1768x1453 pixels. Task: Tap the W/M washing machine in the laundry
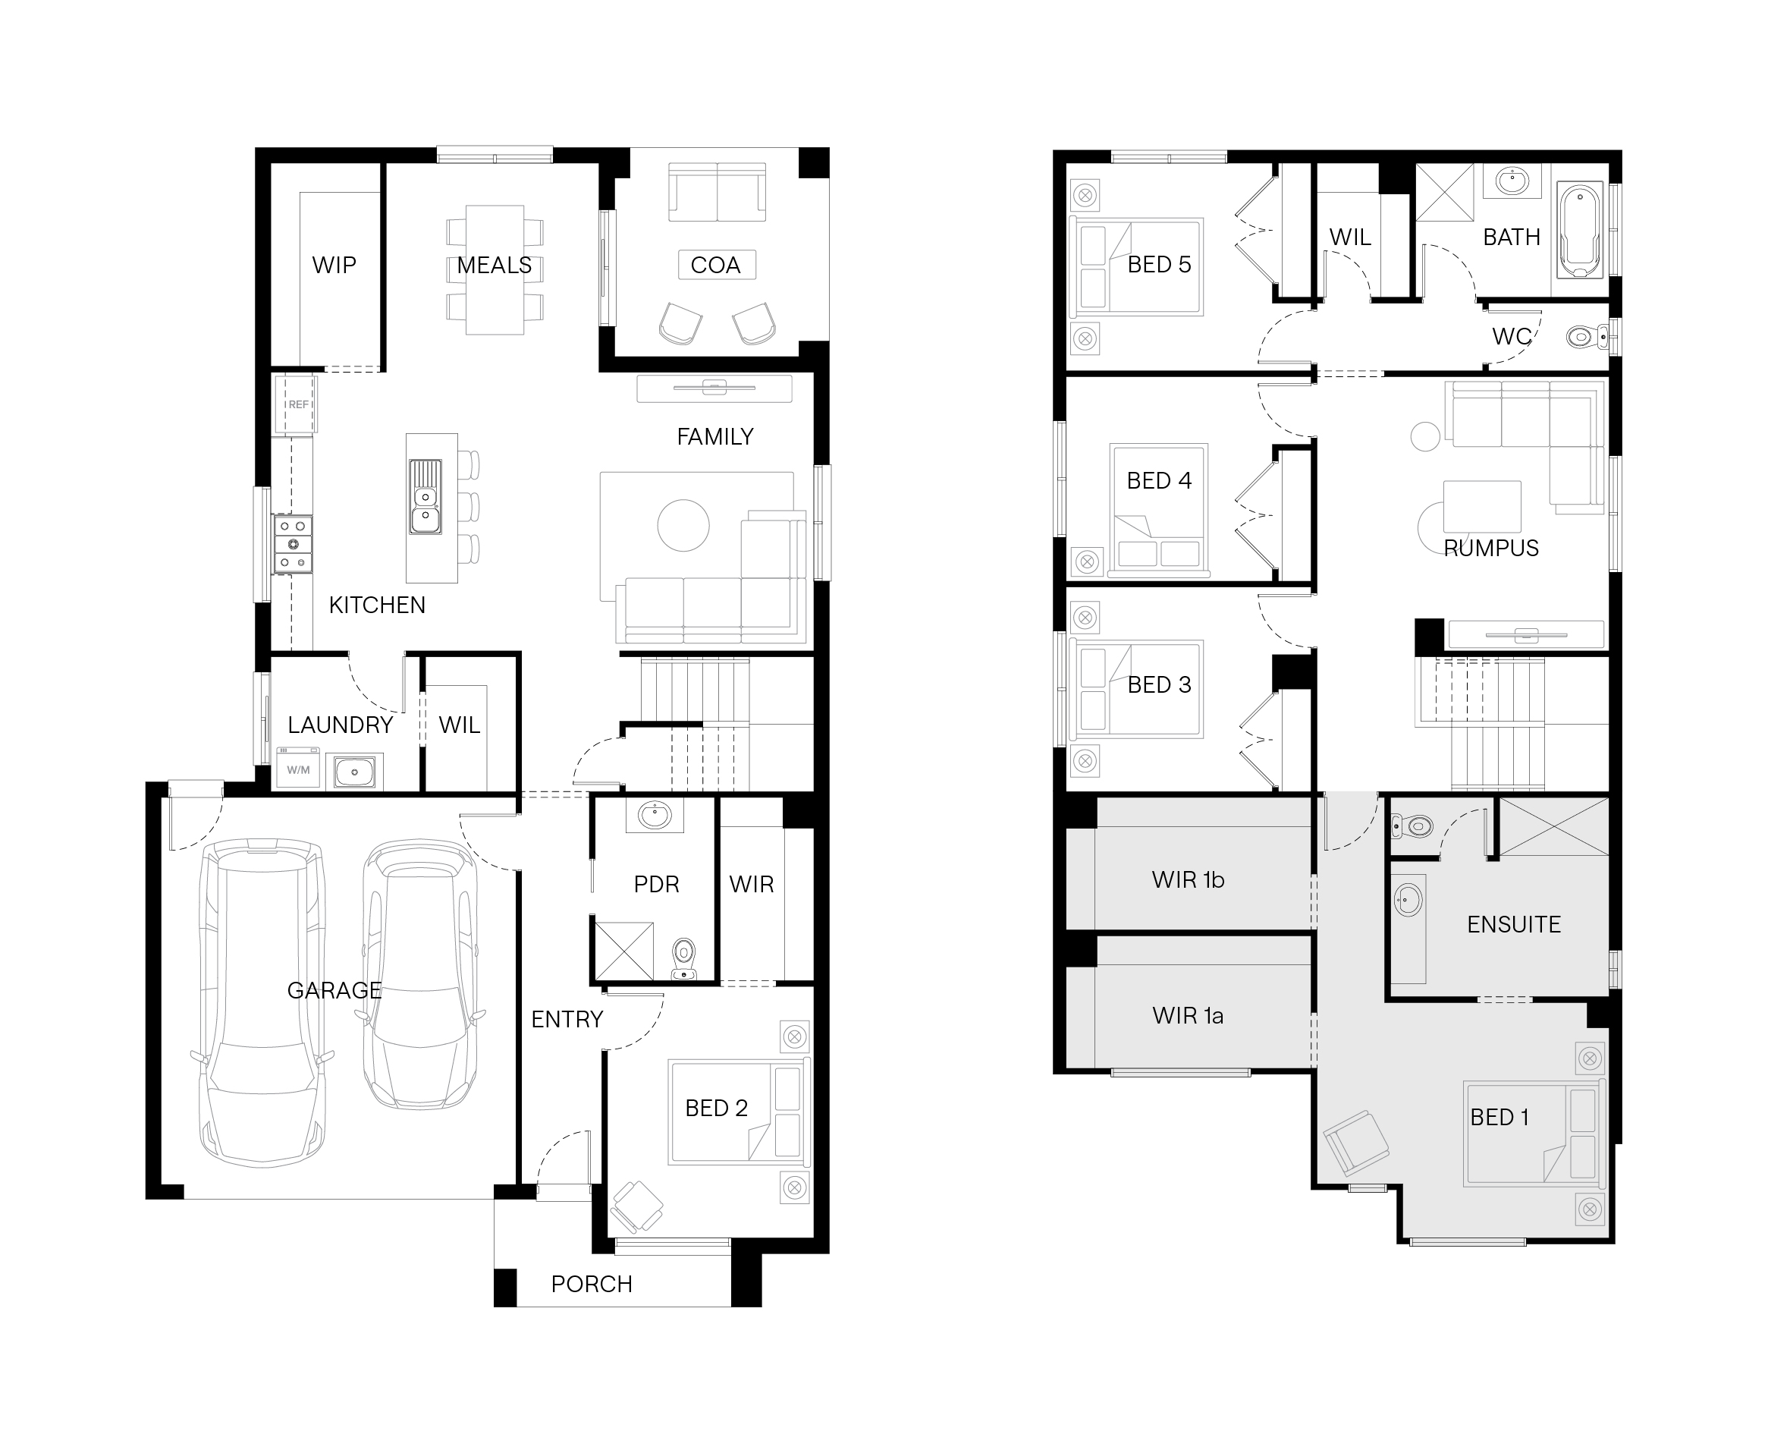[298, 769]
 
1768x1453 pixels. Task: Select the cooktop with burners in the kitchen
[293, 544]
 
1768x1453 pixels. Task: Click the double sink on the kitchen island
[425, 496]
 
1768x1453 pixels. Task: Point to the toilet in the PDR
[684, 958]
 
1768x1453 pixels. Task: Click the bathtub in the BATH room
[1580, 230]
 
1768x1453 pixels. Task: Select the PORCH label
[592, 1284]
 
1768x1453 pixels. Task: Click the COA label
[715, 266]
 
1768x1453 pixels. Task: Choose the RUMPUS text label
[1491, 549]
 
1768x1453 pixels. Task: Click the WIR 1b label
[1189, 879]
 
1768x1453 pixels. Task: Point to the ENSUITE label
[1514, 924]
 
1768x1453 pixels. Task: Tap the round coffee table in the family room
[683, 525]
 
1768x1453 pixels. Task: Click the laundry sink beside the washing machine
[355, 771]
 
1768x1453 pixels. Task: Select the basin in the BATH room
[1512, 181]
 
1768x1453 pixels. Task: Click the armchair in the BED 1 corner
[1356, 1142]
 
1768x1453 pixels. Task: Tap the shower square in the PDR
[623, 950]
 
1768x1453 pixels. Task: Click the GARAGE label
[334, 990]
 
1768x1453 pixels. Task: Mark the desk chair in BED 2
[638, 1207]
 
